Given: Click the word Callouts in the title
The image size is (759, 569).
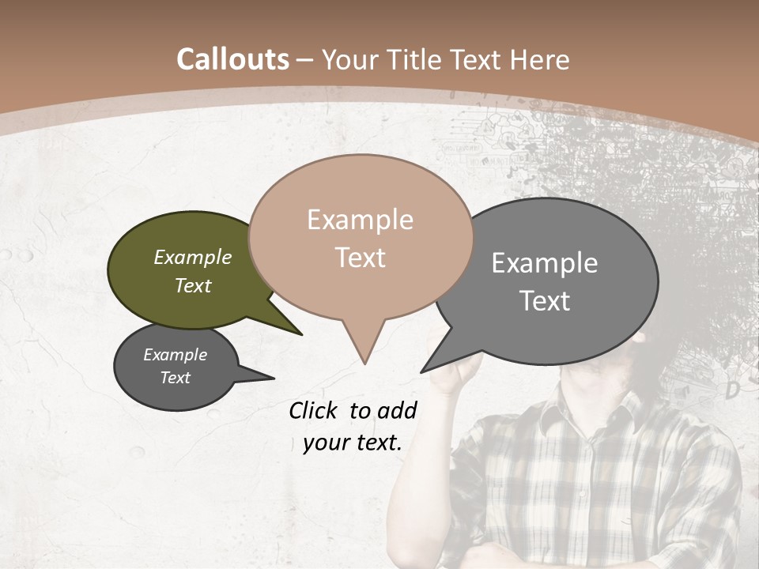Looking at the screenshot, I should click(232, 59).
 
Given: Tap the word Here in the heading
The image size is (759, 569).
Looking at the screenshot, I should click(536, 59).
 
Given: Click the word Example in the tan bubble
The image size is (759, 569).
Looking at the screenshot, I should click(361, 220).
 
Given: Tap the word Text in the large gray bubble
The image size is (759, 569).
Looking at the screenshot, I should click(546, 301).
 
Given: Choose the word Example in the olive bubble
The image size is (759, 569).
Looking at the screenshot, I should click(193, 258).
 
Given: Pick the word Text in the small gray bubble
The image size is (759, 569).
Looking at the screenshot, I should click(176, 378).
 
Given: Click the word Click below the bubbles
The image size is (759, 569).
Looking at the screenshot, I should click(315, 410).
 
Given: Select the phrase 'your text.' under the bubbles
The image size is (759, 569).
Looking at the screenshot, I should click(353, 443).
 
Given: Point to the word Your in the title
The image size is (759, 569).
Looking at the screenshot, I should click(353, 59).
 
